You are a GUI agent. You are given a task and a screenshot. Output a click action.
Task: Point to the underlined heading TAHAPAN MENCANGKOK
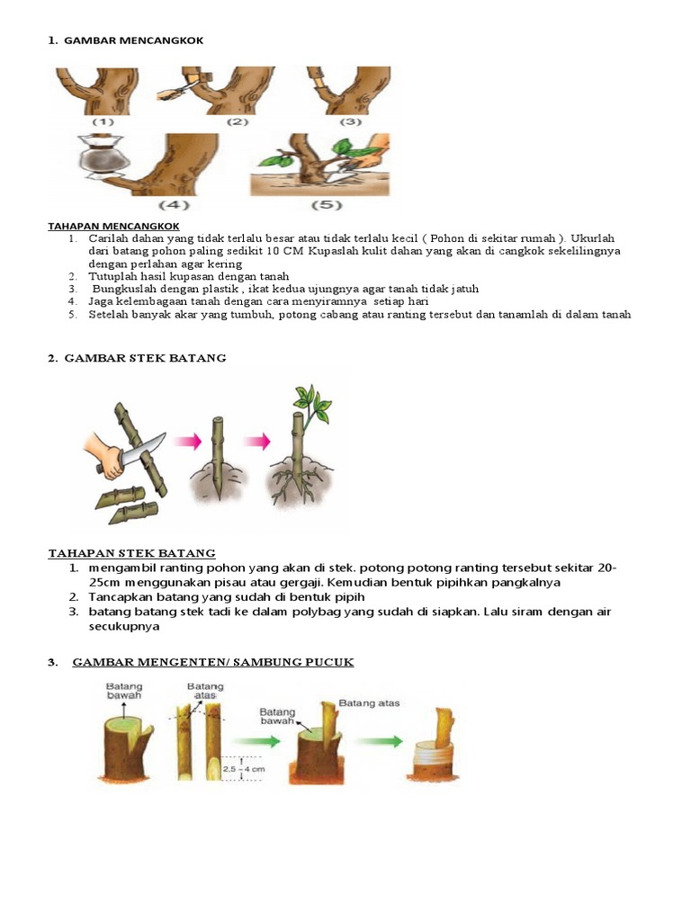tap(112, 225)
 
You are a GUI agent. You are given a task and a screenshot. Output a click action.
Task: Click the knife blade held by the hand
tap(148, 449)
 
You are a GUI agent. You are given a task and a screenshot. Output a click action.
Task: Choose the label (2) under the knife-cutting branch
tap(238, 121)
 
